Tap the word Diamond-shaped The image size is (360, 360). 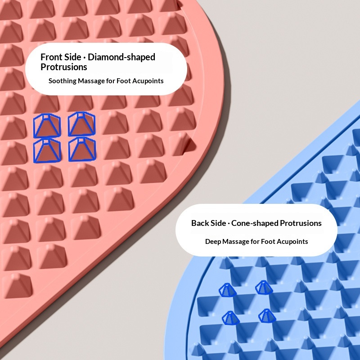(x=121, y=58)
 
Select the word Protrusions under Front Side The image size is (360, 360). (x=64, y=67)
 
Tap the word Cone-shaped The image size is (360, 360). (x=255, y=223)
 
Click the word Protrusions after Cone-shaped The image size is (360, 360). (x=301, y=223)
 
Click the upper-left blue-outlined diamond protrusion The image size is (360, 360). (x=47, y=126)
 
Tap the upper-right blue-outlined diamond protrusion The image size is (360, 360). (x=81, y=124)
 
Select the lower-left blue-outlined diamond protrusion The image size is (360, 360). (x=47, y=150)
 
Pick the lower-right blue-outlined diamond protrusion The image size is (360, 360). (x=82, y=149)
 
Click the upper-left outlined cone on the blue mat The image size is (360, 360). (x=227, y=290)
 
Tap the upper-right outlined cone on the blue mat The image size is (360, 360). (x=264, y=288)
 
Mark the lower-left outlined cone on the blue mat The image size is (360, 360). (x=230, y=318)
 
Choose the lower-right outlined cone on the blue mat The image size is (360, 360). (x=267, y=316)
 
